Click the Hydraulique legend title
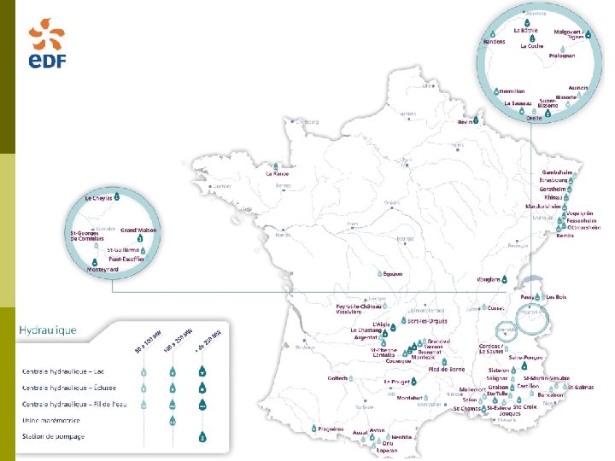[47, 329]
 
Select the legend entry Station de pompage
[51, 437]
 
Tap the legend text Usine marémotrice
[50, 420]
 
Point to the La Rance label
[278, 173]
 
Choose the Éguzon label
[392, 274]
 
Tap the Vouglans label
[489, 279]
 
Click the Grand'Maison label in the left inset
[138, 230]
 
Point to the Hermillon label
[511, 90]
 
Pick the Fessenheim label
[584, 219]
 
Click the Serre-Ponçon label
[526, 357]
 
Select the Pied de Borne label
[447, 369]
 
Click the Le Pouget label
[398, 382]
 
